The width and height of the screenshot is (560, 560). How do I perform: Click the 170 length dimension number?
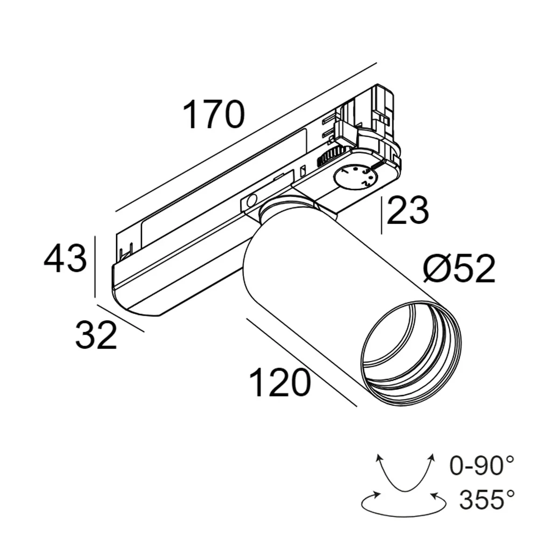coord(214,115)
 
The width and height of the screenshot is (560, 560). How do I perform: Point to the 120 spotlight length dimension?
coord(280,382)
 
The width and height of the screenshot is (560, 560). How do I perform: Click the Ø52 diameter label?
coord(459,269)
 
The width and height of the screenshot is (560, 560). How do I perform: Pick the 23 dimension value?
coord(407,211)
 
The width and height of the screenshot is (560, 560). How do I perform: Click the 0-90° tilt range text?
coord(482,465)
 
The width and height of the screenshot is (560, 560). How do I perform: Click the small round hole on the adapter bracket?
coord(251,201)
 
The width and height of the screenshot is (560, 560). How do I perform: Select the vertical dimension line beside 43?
coord(95,266)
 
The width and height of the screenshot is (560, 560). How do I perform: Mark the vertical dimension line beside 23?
coord(382,215)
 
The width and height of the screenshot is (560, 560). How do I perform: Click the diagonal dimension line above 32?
coord(120,318)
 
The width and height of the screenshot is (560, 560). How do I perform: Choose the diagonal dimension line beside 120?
coord(301,362)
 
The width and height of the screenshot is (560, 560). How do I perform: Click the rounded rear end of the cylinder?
coord(254,261)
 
